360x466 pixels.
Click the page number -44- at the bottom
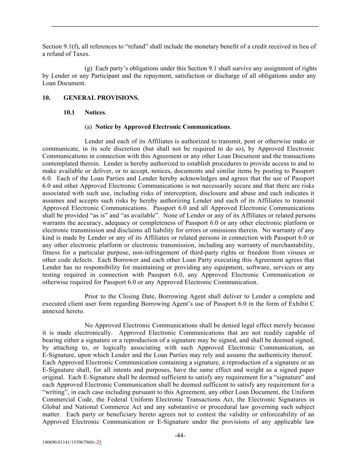point(180,435)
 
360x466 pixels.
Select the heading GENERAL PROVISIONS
point(101,98)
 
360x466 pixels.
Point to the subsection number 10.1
point(69,113)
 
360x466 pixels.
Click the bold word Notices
point(95,113)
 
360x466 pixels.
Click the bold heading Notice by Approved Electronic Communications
point(162,127)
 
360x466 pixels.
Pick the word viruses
point(299,253)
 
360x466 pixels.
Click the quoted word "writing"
point(53,392)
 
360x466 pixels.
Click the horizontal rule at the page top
point(185,26)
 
